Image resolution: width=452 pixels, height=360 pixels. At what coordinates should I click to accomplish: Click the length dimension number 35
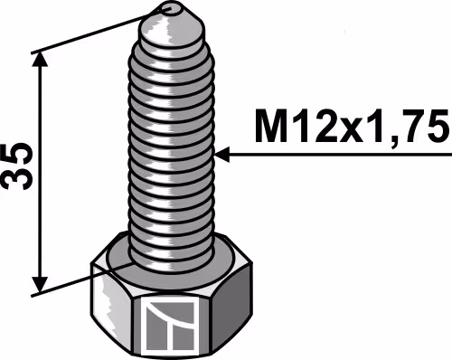[x=17, y=166]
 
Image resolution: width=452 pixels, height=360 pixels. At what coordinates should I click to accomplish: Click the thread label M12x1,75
[x=352, y=127]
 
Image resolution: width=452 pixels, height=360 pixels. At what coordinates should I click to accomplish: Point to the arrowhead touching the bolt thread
[x=222, y=155]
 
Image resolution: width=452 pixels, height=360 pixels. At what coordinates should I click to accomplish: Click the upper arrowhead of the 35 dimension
[x=40, y=61]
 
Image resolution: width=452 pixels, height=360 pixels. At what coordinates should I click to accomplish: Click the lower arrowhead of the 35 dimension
[x=40, y=285]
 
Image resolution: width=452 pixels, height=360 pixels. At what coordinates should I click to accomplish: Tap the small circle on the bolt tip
[x=172, y=8]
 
